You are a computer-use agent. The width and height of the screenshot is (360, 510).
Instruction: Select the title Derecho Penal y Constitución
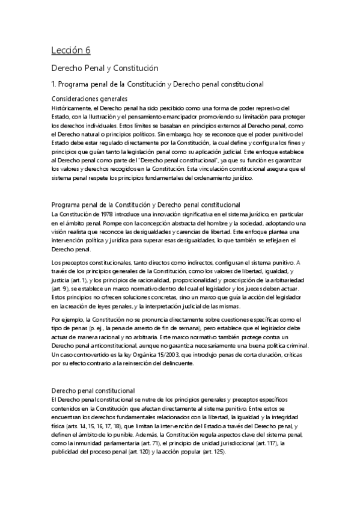point(103,69)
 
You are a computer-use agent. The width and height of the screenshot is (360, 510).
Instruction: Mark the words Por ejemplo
point(67,319)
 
